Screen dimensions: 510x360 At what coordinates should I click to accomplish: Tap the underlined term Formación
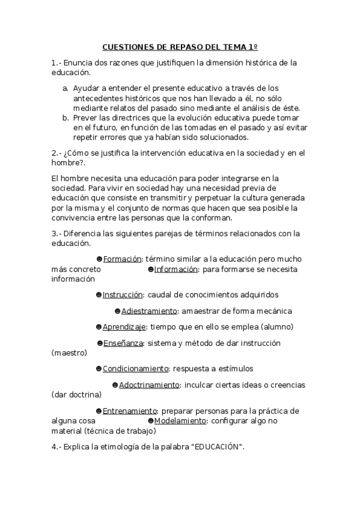tap(122, 259)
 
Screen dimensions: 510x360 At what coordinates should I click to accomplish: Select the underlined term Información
tap(176, 269)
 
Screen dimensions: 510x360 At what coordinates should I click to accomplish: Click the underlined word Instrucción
tap(123, 295)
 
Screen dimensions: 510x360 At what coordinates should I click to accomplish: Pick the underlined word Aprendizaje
tap(124, 327)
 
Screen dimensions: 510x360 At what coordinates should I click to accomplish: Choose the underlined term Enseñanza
tap(123, 343)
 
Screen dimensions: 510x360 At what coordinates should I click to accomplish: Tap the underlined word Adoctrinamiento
tap(149, 384)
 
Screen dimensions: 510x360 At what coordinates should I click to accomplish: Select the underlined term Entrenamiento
tap(130, 411)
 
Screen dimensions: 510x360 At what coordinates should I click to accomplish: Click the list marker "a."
tap(65, 88)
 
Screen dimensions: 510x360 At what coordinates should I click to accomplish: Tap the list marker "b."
tap(65, 117)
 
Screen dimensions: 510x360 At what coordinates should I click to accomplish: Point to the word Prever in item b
tap(84, 117)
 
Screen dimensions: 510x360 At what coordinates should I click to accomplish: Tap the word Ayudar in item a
tap(86, 88)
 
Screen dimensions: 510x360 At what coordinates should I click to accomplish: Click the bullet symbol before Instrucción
tap(99, 295)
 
